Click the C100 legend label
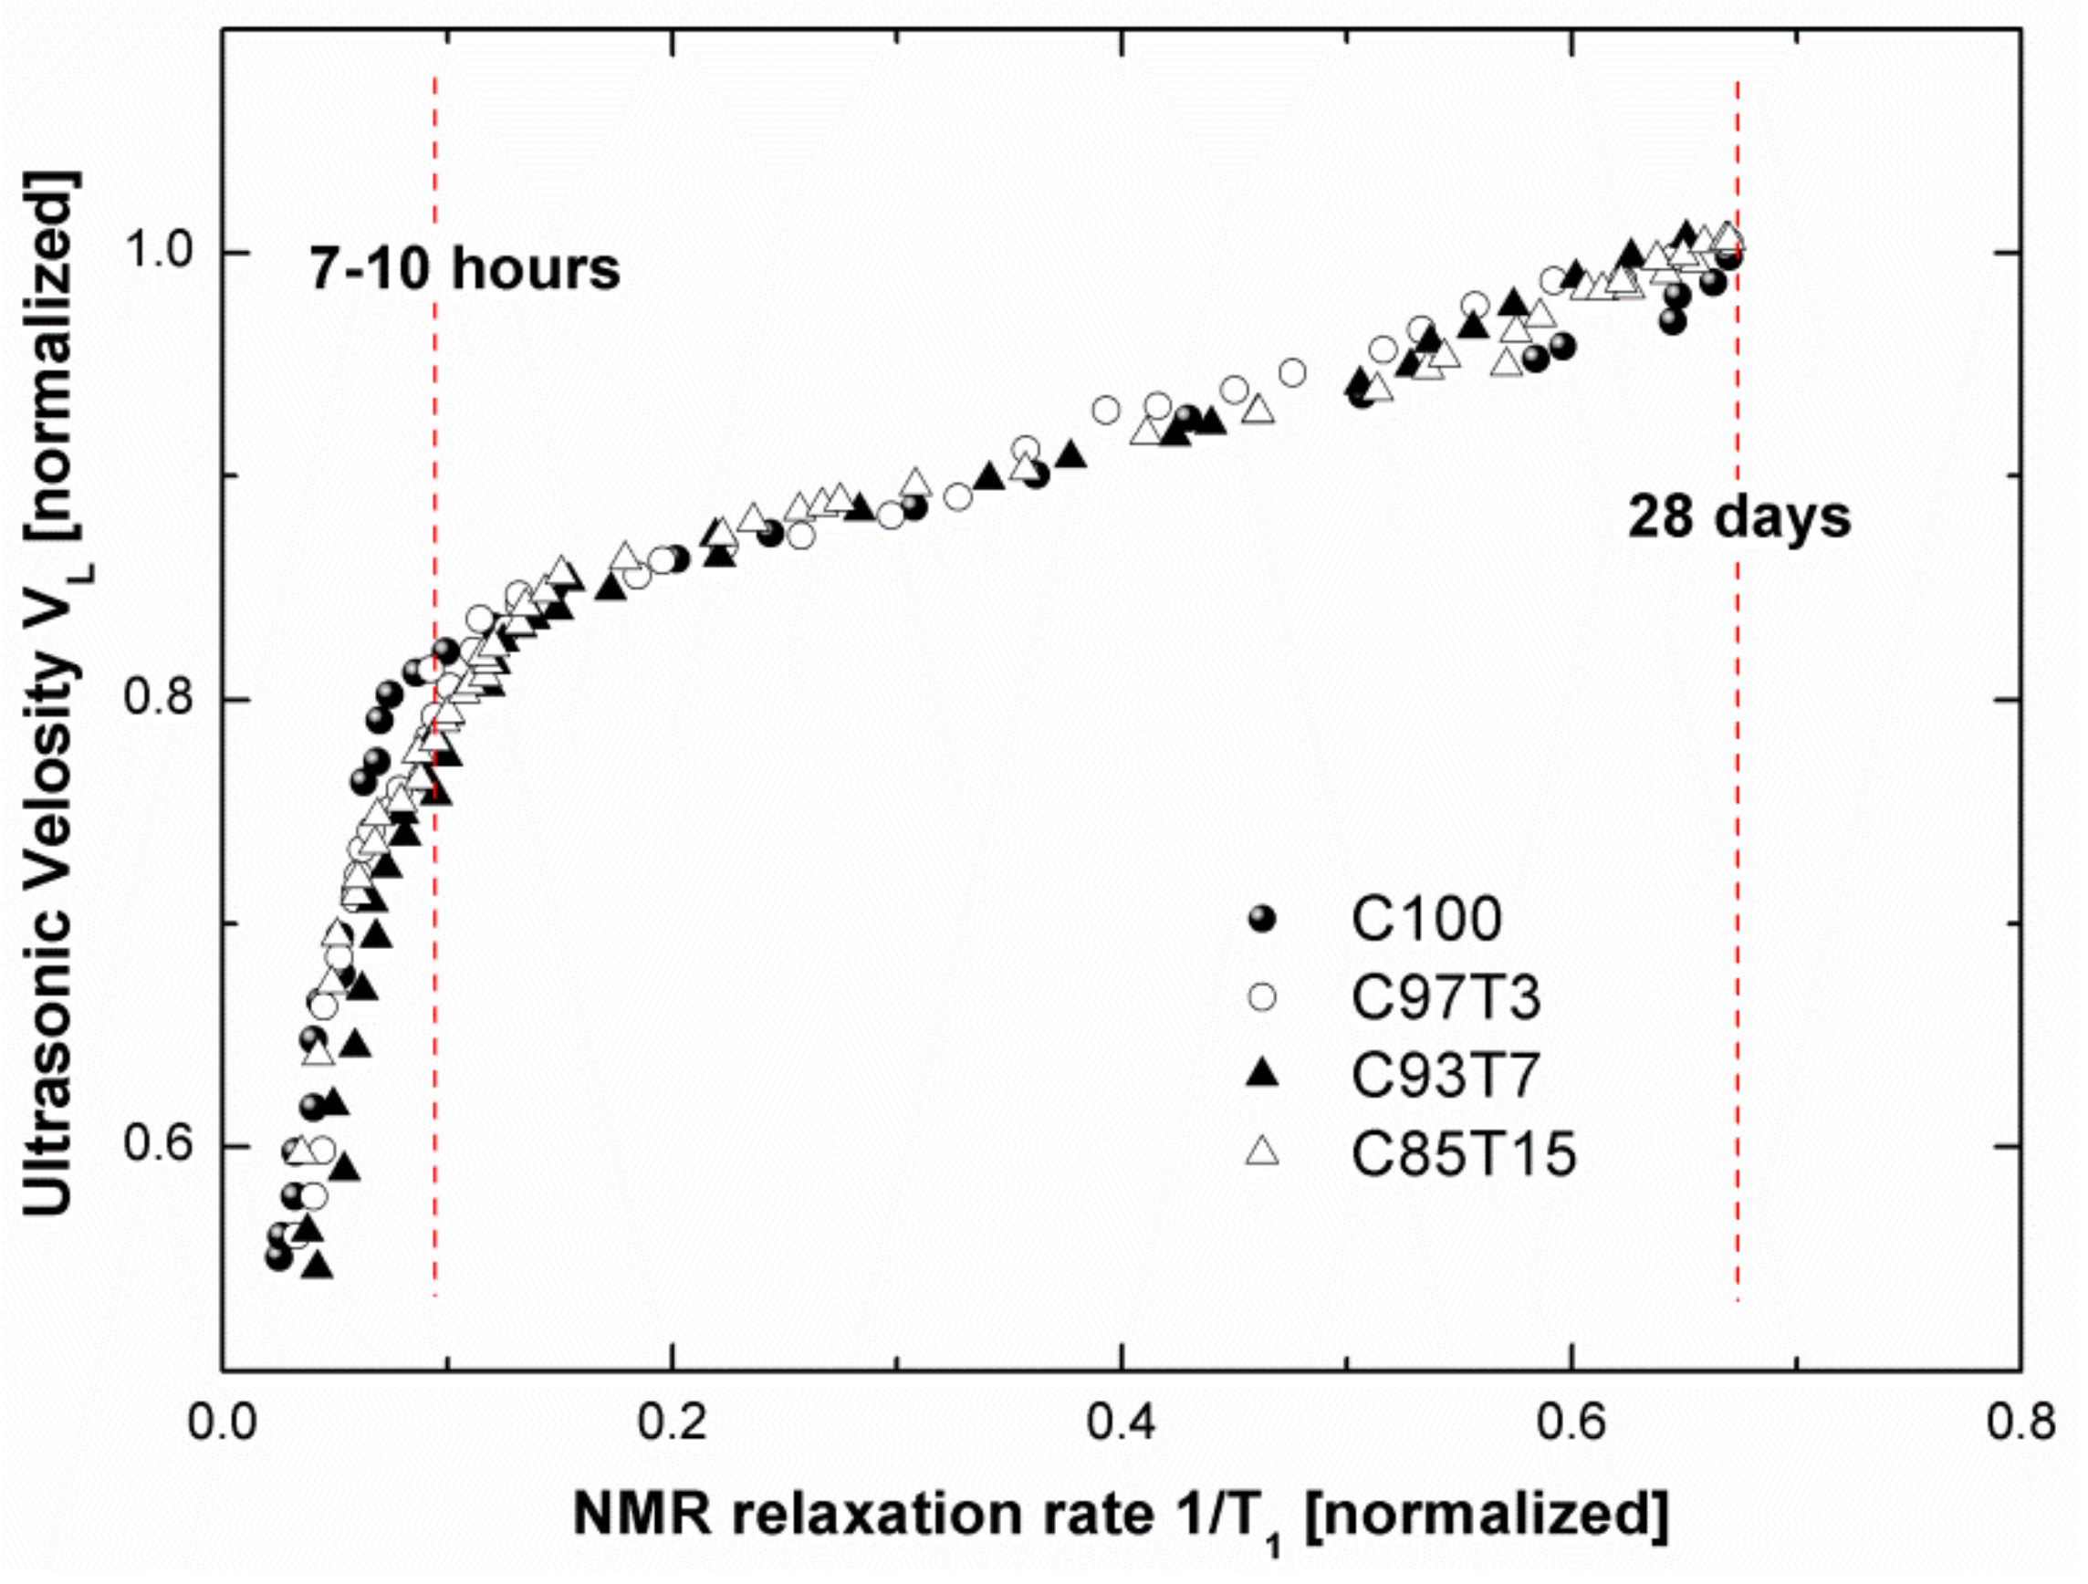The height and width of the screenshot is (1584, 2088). [1425, 919]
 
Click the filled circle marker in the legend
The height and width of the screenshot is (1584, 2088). [1262, 919]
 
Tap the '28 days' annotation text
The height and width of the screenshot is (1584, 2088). [1738, 518]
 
